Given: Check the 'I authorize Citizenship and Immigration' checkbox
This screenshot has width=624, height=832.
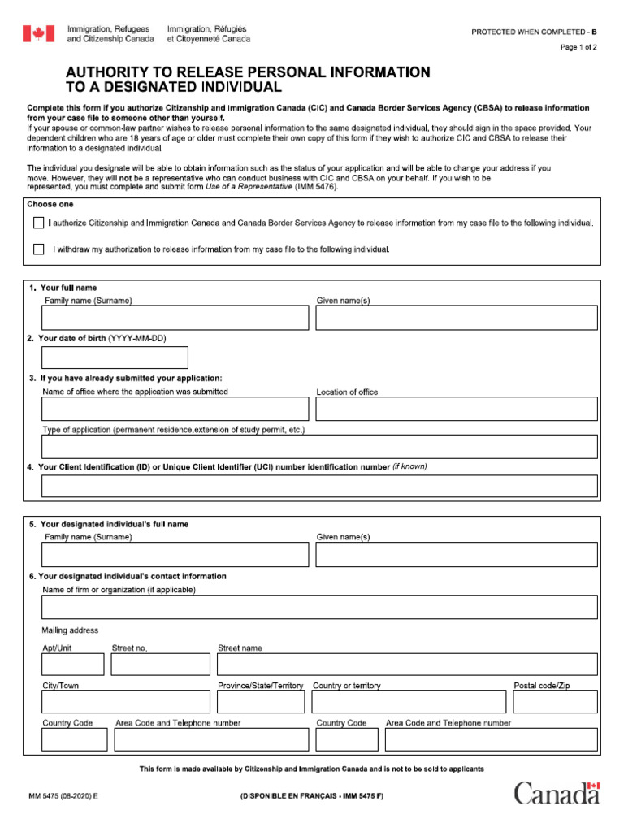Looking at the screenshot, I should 39,223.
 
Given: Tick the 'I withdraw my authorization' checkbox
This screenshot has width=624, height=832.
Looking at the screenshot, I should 39,249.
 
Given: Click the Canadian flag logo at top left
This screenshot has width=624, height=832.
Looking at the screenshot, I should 38,33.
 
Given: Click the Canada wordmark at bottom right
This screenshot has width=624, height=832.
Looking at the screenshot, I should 557,793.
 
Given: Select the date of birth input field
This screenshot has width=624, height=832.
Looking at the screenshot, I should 115,357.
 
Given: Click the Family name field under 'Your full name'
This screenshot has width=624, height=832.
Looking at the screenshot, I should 175,318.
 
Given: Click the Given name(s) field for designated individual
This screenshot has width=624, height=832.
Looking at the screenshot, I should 456,554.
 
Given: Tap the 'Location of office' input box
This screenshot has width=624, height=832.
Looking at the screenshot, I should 456,409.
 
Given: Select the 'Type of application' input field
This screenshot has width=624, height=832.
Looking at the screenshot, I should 319,447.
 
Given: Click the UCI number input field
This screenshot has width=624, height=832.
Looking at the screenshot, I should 319,486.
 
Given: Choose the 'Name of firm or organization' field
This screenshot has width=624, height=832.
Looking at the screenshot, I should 319,607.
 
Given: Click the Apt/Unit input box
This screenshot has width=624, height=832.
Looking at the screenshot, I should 73,665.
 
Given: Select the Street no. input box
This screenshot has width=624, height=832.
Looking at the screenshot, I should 160,665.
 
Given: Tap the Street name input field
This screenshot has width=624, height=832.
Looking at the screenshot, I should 406,665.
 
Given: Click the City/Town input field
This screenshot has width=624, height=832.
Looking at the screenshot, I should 125,702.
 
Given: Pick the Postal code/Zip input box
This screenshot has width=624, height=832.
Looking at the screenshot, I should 555,702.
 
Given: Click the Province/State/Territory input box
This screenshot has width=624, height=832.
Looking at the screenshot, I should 260,702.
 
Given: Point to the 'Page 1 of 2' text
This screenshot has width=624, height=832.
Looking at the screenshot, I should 578,47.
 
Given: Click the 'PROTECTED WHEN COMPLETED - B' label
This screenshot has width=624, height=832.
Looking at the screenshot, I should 534,32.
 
